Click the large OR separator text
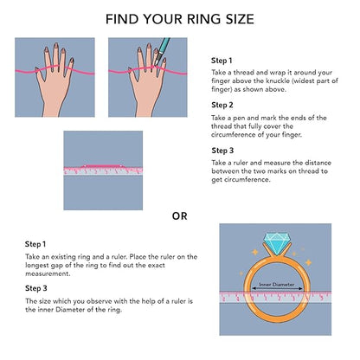point(180,216)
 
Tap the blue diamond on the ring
point(277,244)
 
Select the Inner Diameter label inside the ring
point(277,285)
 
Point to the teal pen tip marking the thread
point(155,64)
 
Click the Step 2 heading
point(222,106)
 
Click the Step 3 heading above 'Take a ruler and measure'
point(222,151)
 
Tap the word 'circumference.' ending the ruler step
point(241,179)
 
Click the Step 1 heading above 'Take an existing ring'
point(35,244)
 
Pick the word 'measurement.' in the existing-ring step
point(48,273)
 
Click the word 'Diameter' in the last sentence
point(74,310)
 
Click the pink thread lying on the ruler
point(103,166)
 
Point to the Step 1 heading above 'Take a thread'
point(222,61)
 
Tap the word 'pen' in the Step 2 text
point(238,119)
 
